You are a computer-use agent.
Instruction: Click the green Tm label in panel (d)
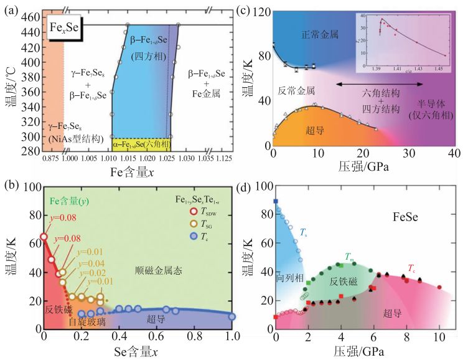click(351, 257)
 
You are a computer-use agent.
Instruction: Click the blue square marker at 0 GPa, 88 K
click(276, 201)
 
